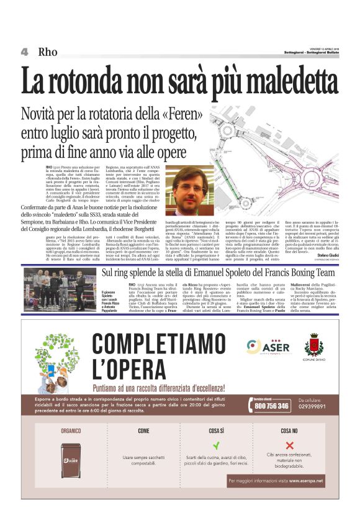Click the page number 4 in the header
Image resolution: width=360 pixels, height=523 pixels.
[x=24, y=52]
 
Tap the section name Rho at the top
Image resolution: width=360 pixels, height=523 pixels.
[x=48, y=52]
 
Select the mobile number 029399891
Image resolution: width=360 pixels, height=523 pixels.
[x=314, y=406]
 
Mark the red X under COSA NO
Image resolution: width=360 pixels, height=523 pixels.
[x=289, y=445]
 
